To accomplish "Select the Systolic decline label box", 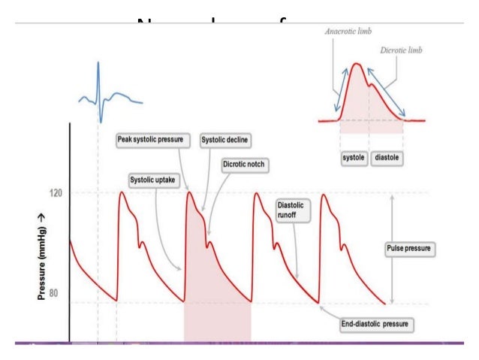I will pos(224,140).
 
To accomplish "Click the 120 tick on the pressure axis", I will pos(55,193).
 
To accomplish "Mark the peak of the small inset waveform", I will pos(358,65).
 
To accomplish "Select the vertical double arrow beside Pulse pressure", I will pos(393,247).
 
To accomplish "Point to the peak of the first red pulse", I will pos(122,193).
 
